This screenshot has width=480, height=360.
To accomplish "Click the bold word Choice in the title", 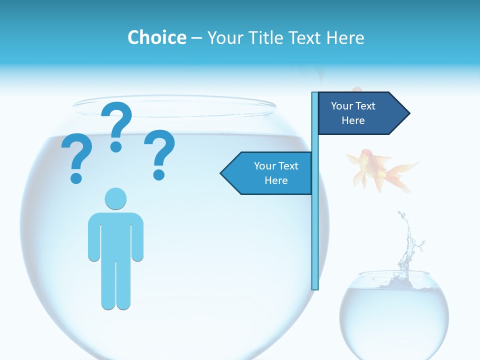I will (156, 37).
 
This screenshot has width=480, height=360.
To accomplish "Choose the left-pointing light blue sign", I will (270, 173).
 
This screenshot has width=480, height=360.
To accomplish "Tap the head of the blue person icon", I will (115, 198).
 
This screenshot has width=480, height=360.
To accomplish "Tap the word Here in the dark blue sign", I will (353, 120).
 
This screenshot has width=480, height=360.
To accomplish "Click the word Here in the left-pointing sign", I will (276, 180).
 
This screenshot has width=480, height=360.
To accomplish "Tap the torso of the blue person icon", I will (115, 235).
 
